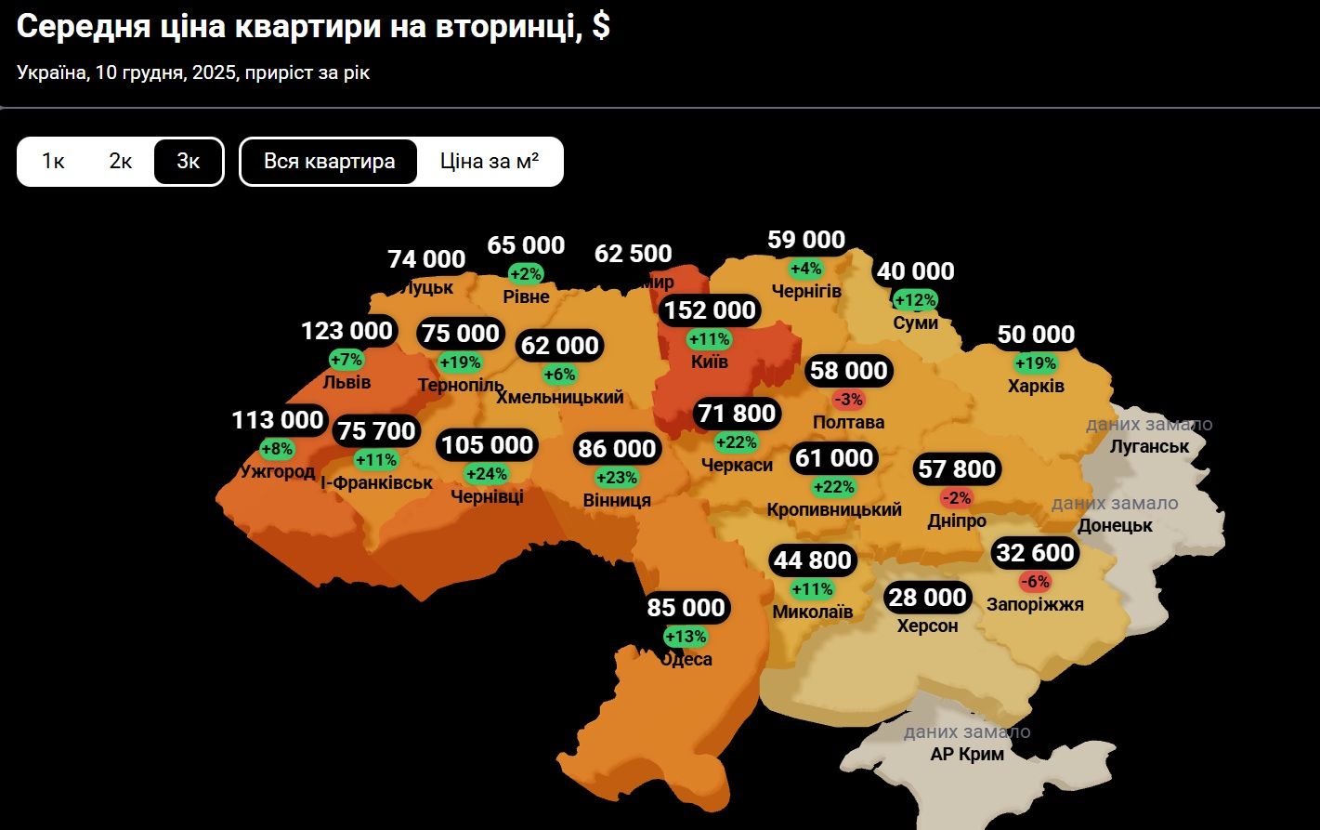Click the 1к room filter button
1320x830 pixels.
pyautogui.click(x=53, y=162)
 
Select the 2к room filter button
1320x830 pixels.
pyautogui.click(x=121, y=162)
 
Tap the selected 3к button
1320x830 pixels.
pyautogui.click(x=189, y=162)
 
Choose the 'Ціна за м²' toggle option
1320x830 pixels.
pyautogui.click(x=490, y=162)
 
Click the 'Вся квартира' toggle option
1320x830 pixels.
pyautogui.click(x=329, y=162)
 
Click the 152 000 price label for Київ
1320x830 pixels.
pyautogui.click(x=710, y=310)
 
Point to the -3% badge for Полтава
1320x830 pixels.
pyautogui.click(x=849, y=400)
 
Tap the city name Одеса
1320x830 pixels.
pyautogui.click(x=686, y=660)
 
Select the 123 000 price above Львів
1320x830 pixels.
pyautogui.click(x=347, y=331)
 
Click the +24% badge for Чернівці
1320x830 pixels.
pyautogui.click(x=487, y=474)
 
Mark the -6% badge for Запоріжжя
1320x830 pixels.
pyautogui.click(x=1034, y=582)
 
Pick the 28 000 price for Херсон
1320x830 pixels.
pyautogui.click(x=927, y=598)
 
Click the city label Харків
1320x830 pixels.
pyautogui.click(x=1036, y=386)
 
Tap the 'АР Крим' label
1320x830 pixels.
pyautogui.click(x=967, y=755)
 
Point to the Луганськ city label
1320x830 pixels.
pyautogui.click(x=1149, y=447)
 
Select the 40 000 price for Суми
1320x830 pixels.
pyautogui.click(x=916, y=271)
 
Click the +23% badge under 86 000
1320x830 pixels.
pyautogui.click(x=617, y=478)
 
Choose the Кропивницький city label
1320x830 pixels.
pyautogui.click(x=834, y=510)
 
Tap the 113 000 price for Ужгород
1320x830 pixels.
pyautogui.click(x=278, y=421)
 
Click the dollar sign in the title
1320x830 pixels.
pyautogui.click(x=600, y=27)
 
